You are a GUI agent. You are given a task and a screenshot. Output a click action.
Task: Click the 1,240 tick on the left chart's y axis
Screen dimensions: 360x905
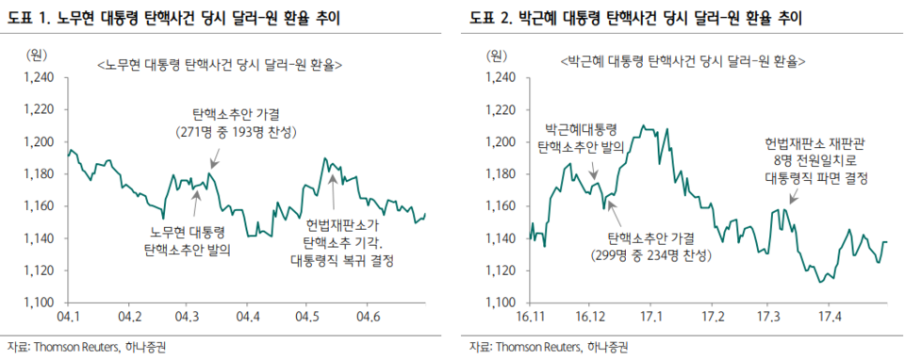(36, 77)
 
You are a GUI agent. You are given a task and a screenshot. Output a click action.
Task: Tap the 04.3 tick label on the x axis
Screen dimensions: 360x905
(188, 315)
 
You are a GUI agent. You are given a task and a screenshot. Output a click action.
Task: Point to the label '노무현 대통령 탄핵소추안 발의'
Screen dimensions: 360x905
(187, 242)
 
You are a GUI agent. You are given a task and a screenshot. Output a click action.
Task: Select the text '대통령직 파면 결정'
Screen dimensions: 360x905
(816, 177)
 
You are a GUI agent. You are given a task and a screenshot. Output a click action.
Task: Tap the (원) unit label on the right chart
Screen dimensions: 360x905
(496, 55)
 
